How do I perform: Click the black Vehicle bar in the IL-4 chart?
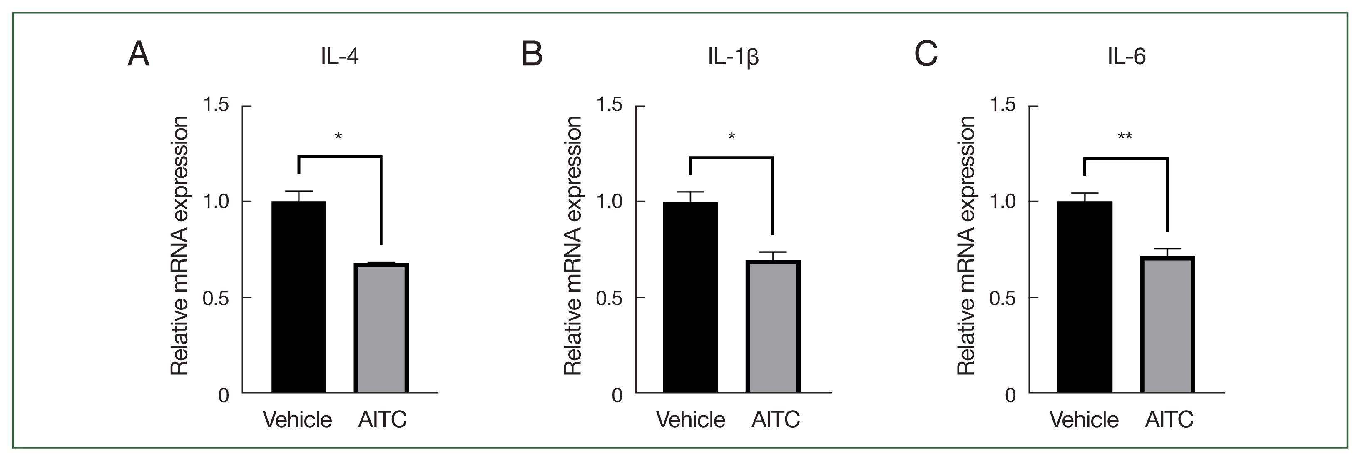click(299, 296)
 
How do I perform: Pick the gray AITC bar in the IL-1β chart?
click(773, 326)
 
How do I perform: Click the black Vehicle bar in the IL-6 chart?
click(1085, 296)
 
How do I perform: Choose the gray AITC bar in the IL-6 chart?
click(1168, 324)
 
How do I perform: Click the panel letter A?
click(138, 55)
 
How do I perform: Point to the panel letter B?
click(532, 55)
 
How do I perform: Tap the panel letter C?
click(926, 55)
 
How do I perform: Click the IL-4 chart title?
click(340, 57)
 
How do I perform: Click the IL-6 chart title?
click(1127, 57)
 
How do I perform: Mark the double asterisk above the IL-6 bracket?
click(1125, 137)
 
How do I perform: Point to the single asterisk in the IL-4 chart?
click(338, 137)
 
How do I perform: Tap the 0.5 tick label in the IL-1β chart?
click(609, 298)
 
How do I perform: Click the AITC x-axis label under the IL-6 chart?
click(1169, 420)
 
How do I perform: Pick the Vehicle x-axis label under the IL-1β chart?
click(691, 420)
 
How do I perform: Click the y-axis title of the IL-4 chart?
click(179, 246)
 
